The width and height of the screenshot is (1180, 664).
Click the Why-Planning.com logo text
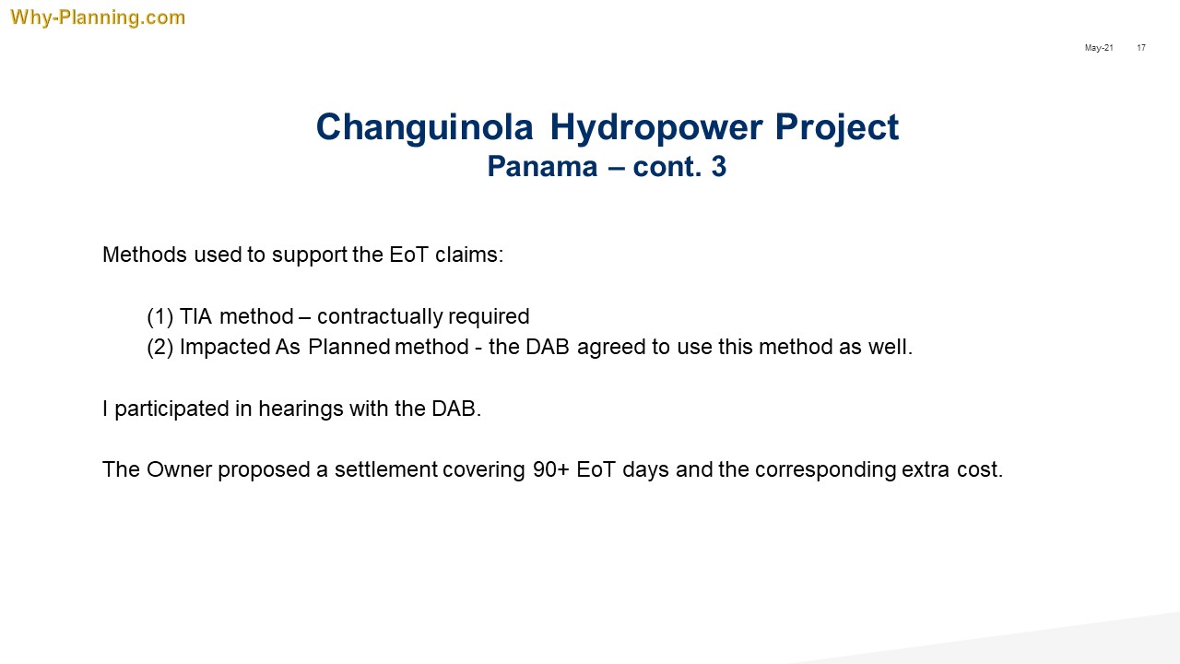click(98, 18)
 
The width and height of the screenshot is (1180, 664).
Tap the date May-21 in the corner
click(1099, 48)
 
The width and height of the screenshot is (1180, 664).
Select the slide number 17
click(1141, 48)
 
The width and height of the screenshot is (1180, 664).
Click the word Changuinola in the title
click(425, 127)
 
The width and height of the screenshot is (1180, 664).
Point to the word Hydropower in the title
click(656, 127)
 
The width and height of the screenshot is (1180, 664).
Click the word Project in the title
click(837, 127)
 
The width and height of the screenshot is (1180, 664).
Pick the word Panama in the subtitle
click(543, 167)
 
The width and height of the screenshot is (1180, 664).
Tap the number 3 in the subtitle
click(719, 167)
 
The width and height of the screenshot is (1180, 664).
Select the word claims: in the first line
click(469, 255)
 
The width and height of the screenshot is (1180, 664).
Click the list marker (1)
click(160, 316)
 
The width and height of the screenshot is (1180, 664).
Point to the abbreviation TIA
click(196, 316)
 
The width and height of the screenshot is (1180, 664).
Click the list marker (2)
click(160, 348)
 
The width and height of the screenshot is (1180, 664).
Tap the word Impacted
click(225, 348)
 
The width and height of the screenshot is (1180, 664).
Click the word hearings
click(301, 409)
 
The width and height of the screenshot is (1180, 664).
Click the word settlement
click(386, 469)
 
